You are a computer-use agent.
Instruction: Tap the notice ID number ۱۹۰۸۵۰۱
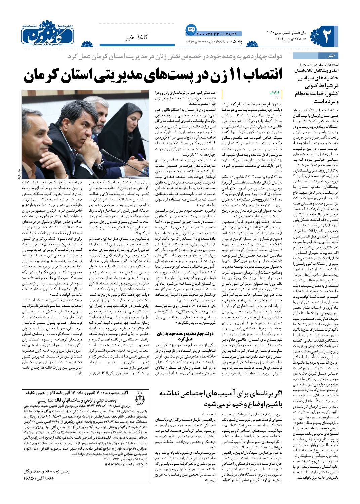[32, 477]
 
